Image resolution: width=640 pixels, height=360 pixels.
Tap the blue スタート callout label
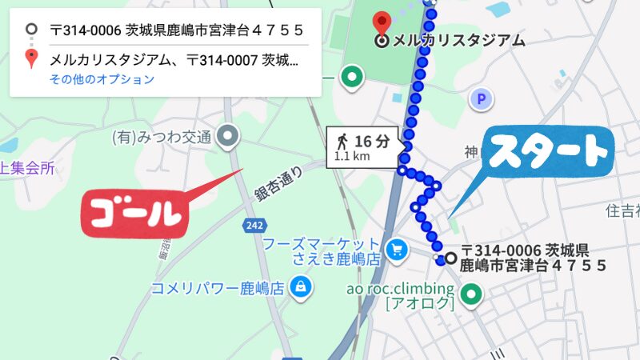(x=549, y=153)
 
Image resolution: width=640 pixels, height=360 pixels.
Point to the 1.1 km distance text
(x=352, y=157)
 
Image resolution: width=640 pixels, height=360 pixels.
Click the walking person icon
(x=342, y=142)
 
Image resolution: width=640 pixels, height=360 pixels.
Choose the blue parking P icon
(x=481, y=99)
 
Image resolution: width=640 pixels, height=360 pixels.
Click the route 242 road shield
(x=254, y=226)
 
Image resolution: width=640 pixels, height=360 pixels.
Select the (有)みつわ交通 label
(x=162, y=137)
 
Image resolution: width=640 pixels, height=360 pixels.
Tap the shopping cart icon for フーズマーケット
(x=396, y=250)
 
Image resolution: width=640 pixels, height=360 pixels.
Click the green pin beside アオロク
(x=472, y=295)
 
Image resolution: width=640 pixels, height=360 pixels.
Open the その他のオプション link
(x=102, y=79)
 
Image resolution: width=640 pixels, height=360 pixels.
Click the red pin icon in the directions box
(x=31, y=58)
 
